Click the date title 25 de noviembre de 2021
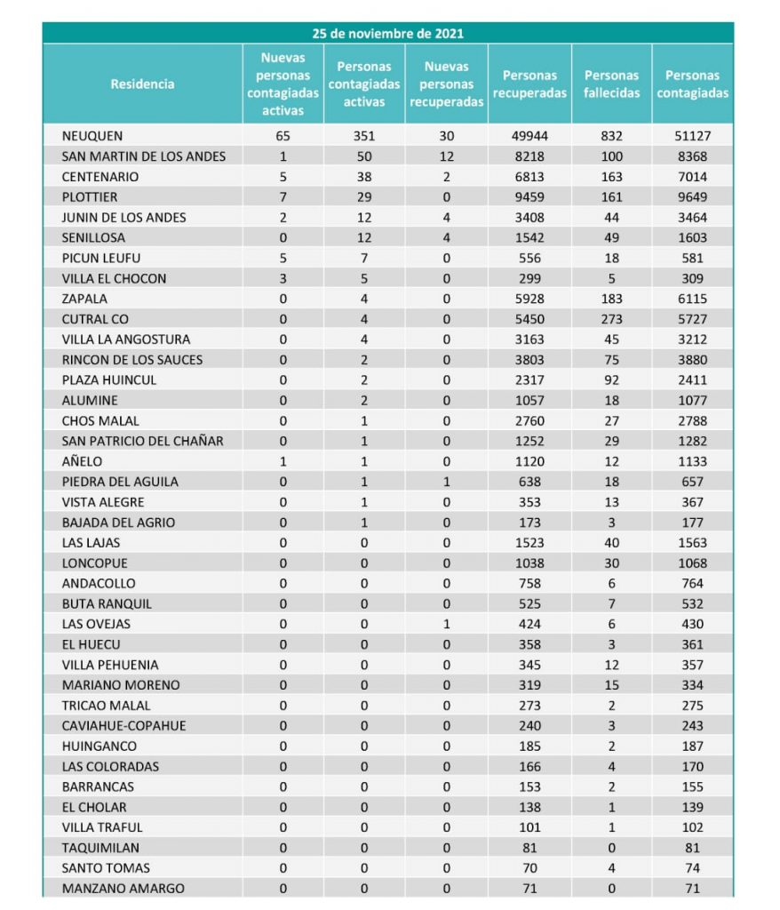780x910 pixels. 387,34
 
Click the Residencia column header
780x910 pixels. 142,84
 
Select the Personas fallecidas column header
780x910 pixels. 612,84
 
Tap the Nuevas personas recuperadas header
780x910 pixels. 446,84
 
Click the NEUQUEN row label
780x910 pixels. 92,136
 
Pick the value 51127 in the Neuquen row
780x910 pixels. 692,136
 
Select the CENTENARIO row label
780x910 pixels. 100,177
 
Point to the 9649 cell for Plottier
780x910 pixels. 692,197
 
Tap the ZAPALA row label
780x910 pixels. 84,299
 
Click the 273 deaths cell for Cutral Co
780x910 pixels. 612,319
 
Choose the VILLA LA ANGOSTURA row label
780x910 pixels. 126,339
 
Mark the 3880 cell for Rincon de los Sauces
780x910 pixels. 692,360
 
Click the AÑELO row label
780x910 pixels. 83,461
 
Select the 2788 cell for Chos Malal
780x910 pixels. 692,420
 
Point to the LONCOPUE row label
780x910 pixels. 95,563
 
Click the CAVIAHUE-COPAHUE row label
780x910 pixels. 124,726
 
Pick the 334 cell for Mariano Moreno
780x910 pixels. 692,685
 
